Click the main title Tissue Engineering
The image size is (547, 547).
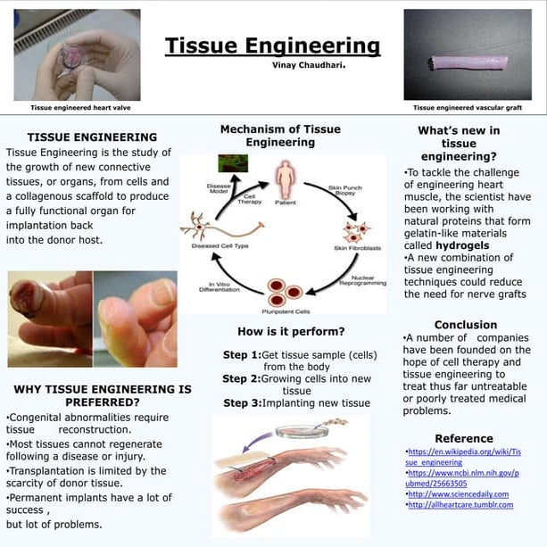(272, 46)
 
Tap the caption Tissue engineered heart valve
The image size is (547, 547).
(75, 107)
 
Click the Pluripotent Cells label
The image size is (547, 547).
(291, 311)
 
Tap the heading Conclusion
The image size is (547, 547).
(465, 325)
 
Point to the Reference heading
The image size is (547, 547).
(464, 438)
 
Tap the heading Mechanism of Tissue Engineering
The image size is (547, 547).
(280, 136)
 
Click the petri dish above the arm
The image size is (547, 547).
(301, 432)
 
